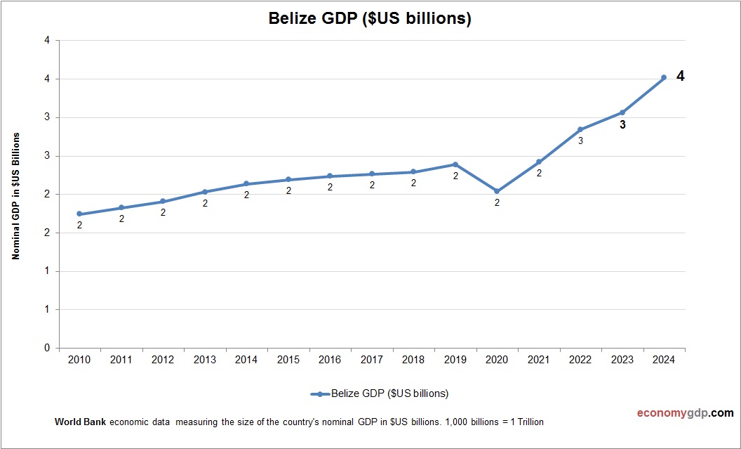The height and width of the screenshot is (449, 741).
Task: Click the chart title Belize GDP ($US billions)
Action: click(370, 19)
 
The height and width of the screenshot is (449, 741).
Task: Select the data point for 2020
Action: click(497, 191)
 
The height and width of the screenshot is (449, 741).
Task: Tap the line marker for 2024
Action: click(664, 78)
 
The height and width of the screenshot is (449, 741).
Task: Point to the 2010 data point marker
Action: click(79, 214)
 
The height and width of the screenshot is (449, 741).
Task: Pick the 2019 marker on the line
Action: click(455, 164)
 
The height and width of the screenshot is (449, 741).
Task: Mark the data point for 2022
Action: click(580, 129)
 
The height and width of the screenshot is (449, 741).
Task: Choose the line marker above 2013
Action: click(205, 192)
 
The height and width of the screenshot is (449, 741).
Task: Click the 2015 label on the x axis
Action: click(288, 360)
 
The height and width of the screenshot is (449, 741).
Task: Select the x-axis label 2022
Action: click(580, 360)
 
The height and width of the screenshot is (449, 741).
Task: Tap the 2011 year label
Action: click(121, 360)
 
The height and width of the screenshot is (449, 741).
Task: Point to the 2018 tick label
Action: click(413, 360)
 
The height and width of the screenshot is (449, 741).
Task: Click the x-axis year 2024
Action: click(664, 360)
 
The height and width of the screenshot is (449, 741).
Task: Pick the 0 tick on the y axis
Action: click(47, 348)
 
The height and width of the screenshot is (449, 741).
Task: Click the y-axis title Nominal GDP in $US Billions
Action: click(15, 195)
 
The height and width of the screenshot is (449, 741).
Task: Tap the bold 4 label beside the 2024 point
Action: click(680, 76)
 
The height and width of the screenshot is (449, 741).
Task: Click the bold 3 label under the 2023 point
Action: click(622, 125)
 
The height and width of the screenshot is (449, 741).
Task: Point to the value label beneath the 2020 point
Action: click(497, 203)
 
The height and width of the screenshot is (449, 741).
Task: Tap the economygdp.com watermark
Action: click(685, 412)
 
